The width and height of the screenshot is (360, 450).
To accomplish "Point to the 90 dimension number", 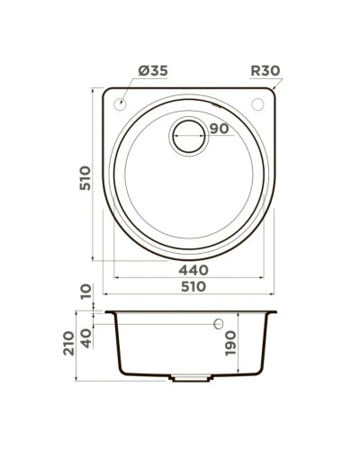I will click(x=216, y=129).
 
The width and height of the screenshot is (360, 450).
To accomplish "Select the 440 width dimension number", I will click(x=192, y=270).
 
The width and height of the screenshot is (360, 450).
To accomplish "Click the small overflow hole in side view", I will click(x=217, y=323).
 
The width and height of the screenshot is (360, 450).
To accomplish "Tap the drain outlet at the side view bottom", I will click(x=190, y=377).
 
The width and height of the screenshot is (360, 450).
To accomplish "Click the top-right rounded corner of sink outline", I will click(x=270, y=93).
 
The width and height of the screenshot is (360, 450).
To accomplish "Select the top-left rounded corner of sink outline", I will click(x=109, y=93).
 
